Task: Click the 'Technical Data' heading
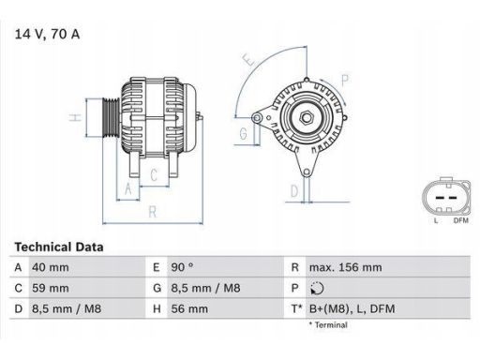click(x=58, y=247)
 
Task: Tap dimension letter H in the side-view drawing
click(x=73, y=120)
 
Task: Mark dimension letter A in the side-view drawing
click(x=127, y=188)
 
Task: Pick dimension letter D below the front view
click(x=293, y=190)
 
